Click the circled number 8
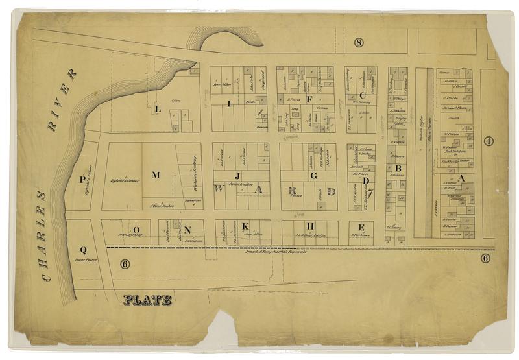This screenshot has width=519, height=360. point(359,43)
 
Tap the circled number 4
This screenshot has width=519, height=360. point(489,141)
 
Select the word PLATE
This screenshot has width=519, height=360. point(148,300)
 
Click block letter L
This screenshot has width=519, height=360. point(158,109)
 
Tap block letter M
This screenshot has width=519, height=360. point(156,174)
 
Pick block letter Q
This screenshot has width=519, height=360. point(83,250)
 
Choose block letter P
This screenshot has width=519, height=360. point(83,180)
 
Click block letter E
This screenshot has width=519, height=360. point(361,227)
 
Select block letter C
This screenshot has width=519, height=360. point(363,95)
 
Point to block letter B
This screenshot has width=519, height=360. point(398,167)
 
